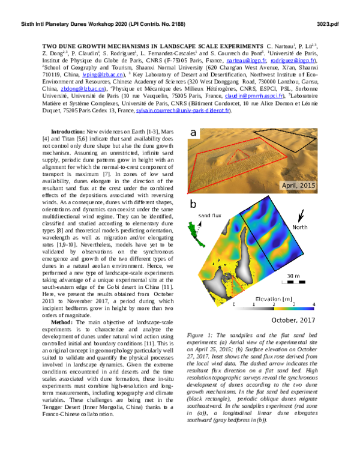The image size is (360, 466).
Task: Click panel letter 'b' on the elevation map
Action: coord(193,205)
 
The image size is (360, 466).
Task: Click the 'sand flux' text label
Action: coord(212,214)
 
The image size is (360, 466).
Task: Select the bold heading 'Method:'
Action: coord(63,322)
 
